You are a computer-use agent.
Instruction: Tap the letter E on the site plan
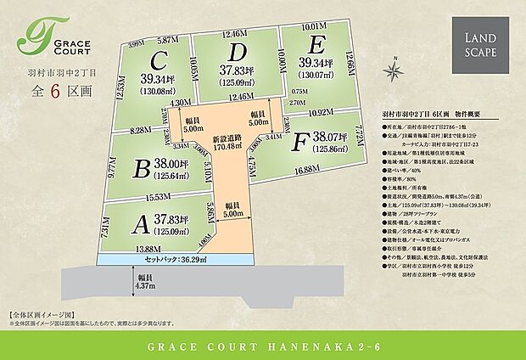[317, 44]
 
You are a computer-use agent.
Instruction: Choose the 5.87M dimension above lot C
[166, 39]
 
